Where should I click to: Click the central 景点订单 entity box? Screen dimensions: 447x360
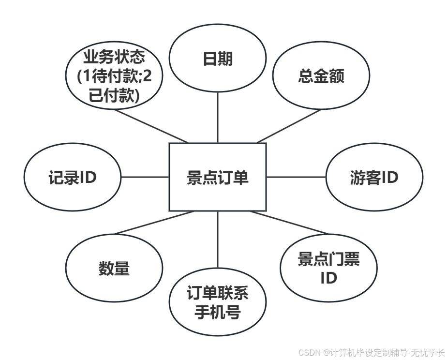(x=217, y=177)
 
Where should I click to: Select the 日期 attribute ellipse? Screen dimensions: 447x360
(x=217, y=60)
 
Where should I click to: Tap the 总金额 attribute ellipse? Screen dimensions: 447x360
(x=321, y=76)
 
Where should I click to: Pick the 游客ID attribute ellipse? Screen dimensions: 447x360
(x=373, y=178)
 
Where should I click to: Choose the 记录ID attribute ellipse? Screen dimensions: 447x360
(x=72, y=178)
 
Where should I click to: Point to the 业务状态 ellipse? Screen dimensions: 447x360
(x=114, y=76)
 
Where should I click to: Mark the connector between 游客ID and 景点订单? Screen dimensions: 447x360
(x=296, y=177)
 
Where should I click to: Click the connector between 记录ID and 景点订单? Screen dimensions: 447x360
(x=145, y=177)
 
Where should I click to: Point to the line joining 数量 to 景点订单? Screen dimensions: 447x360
(x=152, y=223)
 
